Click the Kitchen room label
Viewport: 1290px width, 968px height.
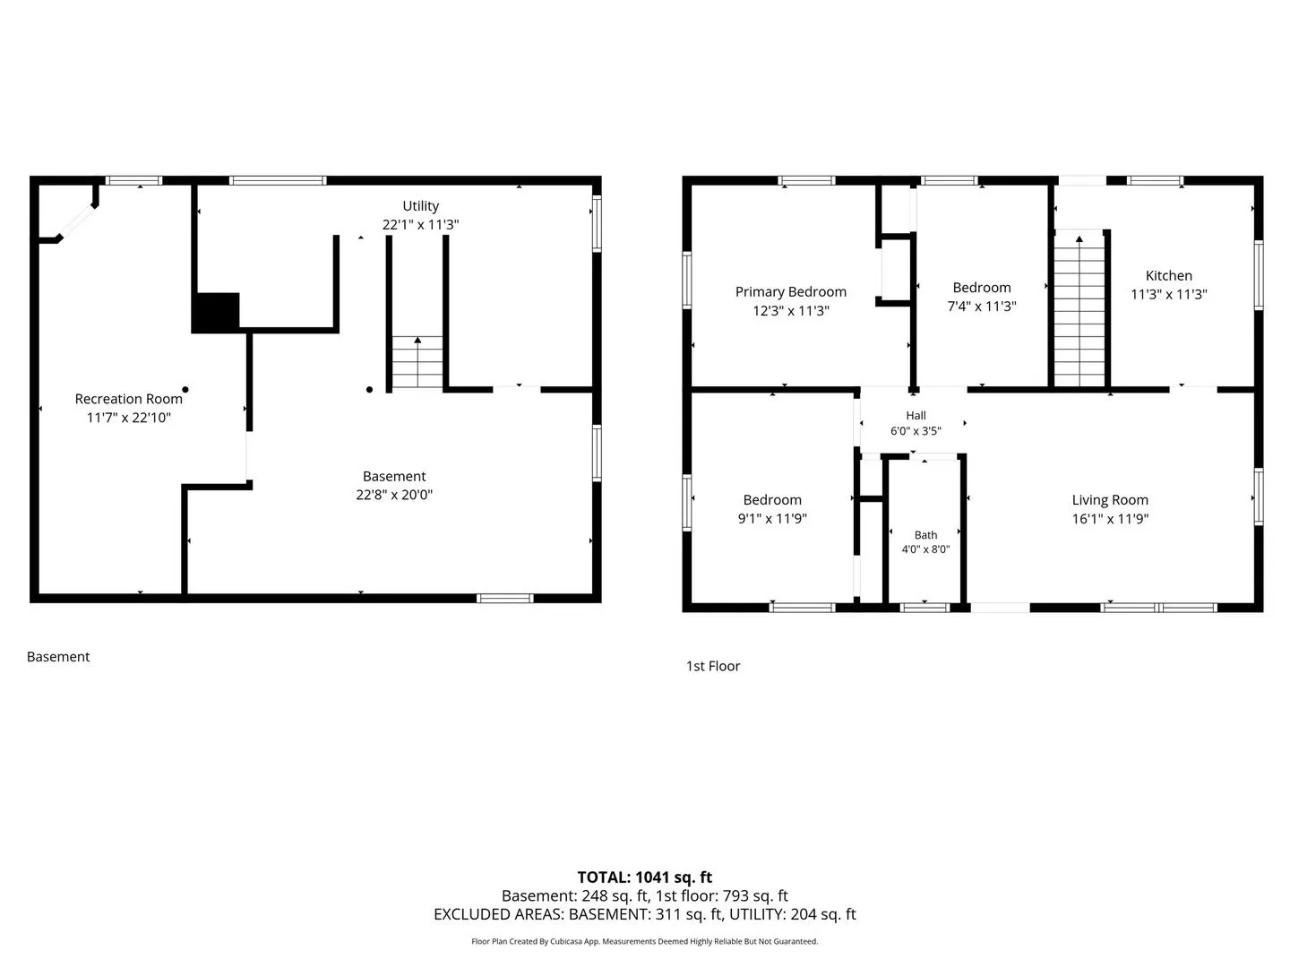tap(1168, 276)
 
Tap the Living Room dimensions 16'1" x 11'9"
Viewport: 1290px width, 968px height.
tap(1110, 518)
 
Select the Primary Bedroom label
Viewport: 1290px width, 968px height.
tap(790, 292)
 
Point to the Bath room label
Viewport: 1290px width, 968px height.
tap(925, 535)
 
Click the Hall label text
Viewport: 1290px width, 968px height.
tap(916, 416)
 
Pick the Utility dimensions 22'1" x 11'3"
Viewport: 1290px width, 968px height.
tap(420, 224)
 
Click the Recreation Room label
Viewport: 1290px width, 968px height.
tap(129, 399)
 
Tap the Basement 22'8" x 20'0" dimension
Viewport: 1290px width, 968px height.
tap(394, 495)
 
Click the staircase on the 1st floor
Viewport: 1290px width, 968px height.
tap(1079, 310)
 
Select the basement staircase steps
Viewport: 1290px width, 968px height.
tap(417, 362)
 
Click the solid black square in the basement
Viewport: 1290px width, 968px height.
tap(216, 312)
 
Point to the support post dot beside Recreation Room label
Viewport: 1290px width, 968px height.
tap(185, 390)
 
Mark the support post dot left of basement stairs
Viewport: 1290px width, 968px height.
tap(369, 390)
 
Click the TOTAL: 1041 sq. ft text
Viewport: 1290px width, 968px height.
tap(644, 877)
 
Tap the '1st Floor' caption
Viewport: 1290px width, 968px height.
tap(713, 666)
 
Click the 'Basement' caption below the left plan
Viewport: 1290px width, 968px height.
tap(58, 656)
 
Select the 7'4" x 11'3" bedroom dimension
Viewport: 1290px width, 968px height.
tap(982, 307)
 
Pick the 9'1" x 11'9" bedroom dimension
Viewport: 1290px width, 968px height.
tap(772, 518)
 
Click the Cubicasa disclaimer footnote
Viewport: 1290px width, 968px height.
tap(644, 941)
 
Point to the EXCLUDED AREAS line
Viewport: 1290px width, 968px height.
tap(645, 914)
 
